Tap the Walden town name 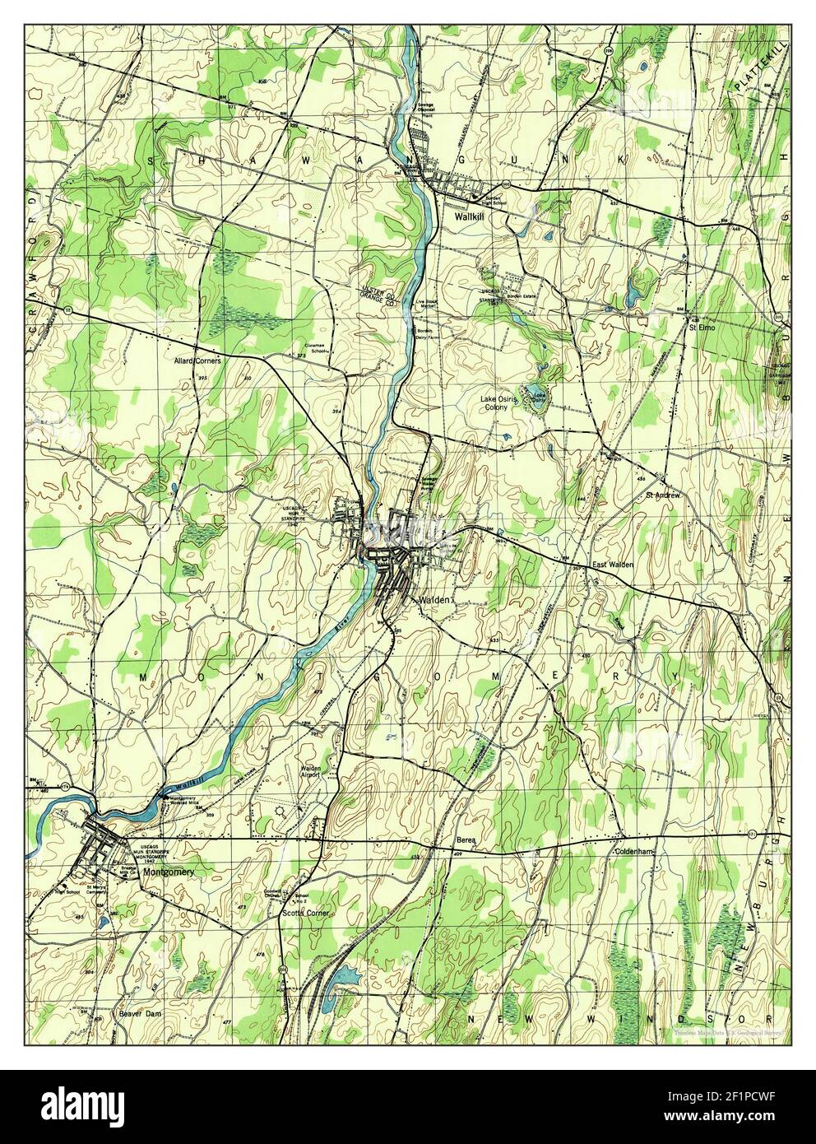[x=435, y=600]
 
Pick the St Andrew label [x=661, y=495]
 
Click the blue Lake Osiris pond [x=534, y=390]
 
